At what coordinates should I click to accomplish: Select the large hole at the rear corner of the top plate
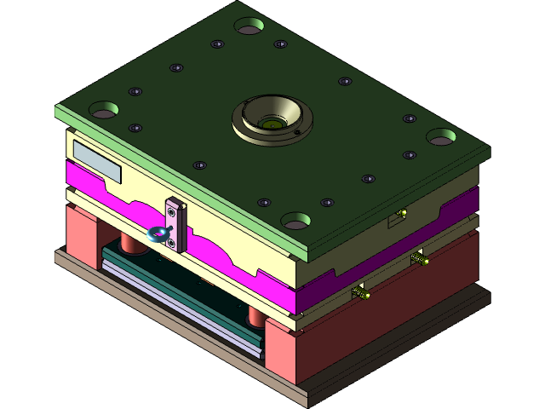click(x=249, y=27)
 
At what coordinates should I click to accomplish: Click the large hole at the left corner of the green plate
click(x=104, y=110)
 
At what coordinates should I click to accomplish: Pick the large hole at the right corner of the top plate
click(x=440, y=136)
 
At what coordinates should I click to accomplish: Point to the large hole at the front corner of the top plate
click(x=296, y=222)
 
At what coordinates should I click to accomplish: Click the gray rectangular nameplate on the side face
click(x=96, y=161)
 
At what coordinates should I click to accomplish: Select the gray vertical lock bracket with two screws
click(x=174, y=225)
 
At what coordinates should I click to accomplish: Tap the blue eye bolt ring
click(x=157, y=233)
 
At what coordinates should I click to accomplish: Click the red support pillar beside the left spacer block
click(x=130, y=243)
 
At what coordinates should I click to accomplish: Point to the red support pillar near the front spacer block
click(x=255, y=317)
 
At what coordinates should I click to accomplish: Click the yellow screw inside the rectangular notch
click(x=401, y=213)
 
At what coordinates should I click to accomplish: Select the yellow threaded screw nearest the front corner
click(x=361, y=294)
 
